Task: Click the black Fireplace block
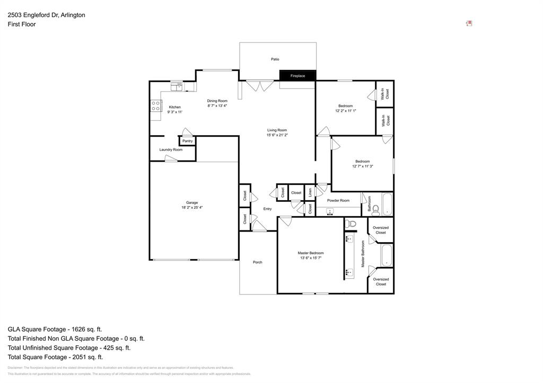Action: pos(297,76)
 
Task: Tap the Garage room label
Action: pos(191,202)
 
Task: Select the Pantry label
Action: pos(187,141)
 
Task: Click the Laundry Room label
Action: pos(171,150)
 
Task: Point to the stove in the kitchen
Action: pos(156,106)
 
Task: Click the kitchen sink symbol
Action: pos(176,86)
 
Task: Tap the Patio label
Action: pos(275,59)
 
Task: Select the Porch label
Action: pos(258,262)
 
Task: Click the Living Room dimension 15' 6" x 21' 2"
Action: pos(277,136)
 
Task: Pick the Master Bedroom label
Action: pos(310,253)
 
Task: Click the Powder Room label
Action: pos(338,200)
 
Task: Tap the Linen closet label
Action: pos(310,192)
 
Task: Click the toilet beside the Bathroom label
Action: pos(375,210)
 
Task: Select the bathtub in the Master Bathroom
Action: pos(387,255)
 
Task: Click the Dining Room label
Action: pos(217,101)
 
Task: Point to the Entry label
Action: pos(267,209)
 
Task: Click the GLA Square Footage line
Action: pos(55,329)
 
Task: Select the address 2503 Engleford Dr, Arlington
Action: pos(46,15)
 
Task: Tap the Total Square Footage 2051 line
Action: pos(55,357)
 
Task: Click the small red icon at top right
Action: pos(469,23)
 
